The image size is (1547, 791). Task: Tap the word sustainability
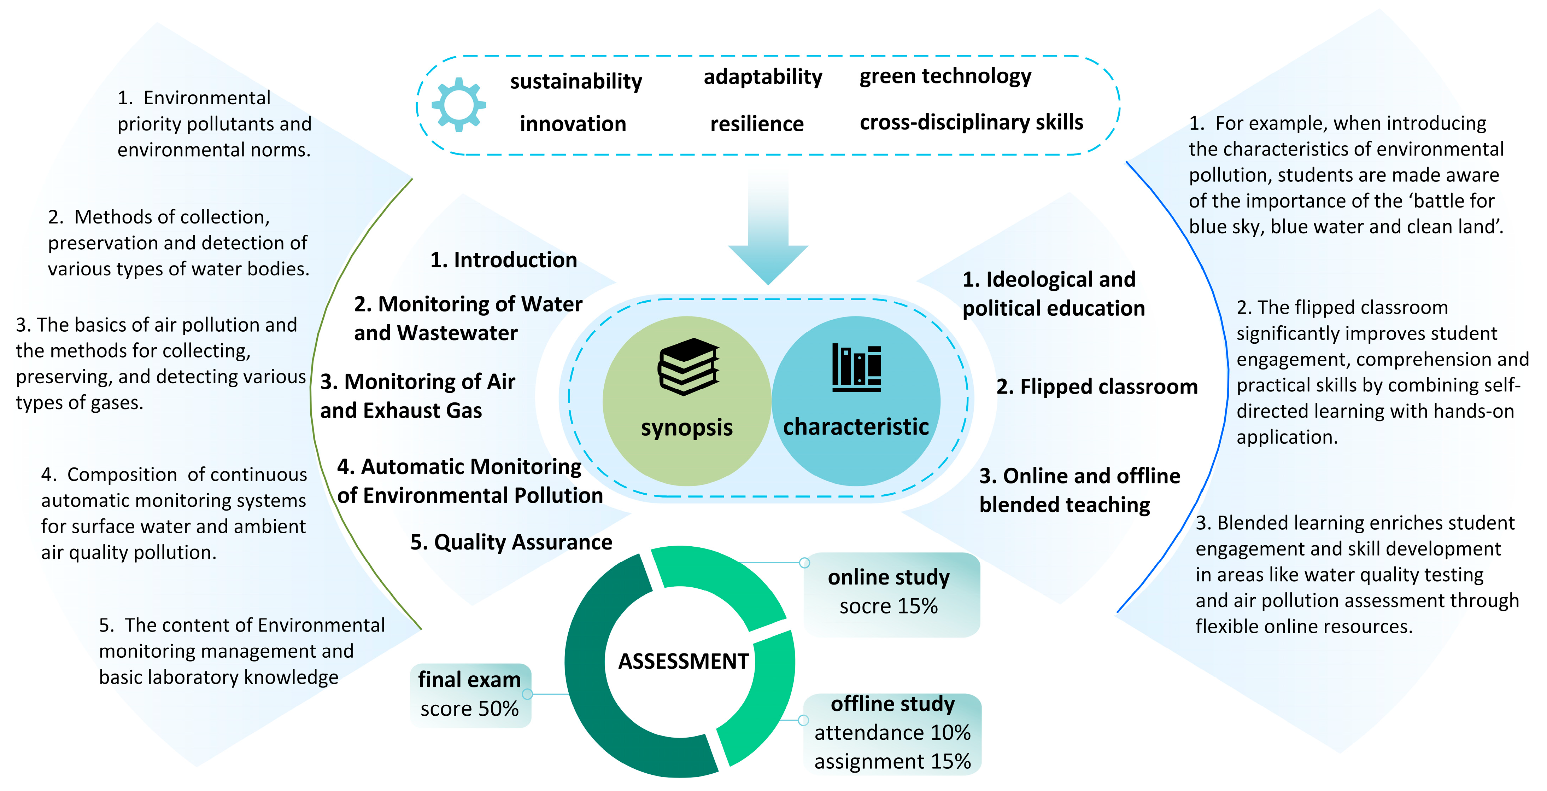(x=576, y=81)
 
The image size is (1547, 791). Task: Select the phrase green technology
(x=945, y=76)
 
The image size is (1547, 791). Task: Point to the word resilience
(x=757, y=124)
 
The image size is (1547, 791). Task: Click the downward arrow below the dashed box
(x=768, y=234)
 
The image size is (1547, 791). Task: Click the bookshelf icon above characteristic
(x=856, y=368)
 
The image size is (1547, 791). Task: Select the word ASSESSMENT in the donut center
(x=684, y=661)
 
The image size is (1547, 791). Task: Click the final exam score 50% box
(x=470, y=695)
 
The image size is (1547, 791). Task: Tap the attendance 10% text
(x=892, y=733)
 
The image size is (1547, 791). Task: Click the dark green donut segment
(x=594, y=691)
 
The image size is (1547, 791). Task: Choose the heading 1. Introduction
(x=503, y=260)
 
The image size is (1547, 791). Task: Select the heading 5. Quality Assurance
(x=511, y=542)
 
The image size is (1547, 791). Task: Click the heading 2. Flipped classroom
(x=1097, y=387)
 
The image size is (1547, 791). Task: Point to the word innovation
(x=573, y=124)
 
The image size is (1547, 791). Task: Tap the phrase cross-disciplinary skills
(x=971, y=123)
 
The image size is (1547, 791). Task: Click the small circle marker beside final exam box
(x=527, y=694)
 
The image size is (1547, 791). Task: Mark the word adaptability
(x=763, y=77)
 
